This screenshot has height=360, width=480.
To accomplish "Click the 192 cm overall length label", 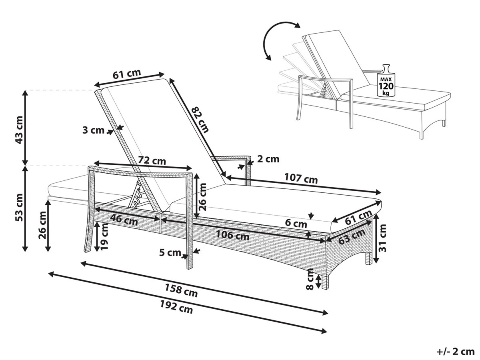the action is tap(176, 307).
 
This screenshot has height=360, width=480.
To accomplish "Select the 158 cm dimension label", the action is tap(181, 290).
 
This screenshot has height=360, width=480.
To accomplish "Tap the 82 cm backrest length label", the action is tap(200, 120).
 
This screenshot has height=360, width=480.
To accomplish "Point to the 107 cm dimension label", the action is tap(301, 178).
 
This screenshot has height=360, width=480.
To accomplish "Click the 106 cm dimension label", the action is tap(233, 236).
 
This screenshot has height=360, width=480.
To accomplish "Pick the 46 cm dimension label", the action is tap(124, 219).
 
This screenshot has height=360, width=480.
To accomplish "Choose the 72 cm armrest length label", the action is tap(152, 161).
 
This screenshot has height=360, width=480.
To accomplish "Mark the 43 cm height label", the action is tap(19, 130).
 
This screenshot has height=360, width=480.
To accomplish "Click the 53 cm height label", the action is tap(19, 207).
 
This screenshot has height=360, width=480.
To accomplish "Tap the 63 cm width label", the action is tap(352, 237).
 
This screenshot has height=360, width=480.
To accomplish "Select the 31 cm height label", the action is tap(382, 238).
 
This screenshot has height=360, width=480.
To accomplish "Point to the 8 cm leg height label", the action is tap(310, 279).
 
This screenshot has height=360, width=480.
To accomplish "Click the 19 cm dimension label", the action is tap(104, 236).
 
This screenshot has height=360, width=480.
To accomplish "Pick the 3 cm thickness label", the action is tap(93, 130).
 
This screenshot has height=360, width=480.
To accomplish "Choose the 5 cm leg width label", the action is tap(170, 253).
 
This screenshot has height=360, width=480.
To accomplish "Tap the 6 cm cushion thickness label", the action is tap(296, 224).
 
